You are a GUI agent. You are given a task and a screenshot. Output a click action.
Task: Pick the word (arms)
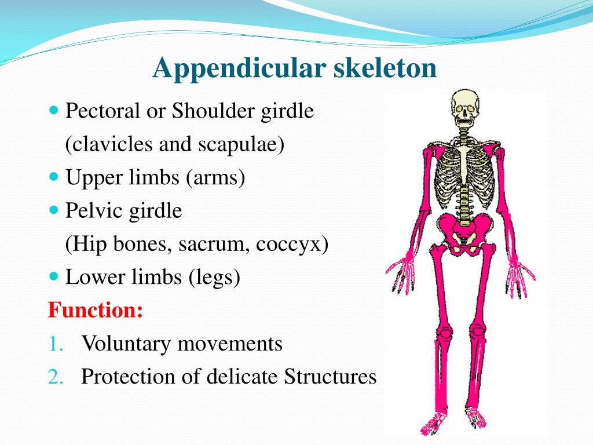[x=215, y=178]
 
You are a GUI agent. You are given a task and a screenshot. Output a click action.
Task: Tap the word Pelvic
[x=91, y=211]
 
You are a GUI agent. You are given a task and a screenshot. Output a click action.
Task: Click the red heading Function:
[x=95, y=310]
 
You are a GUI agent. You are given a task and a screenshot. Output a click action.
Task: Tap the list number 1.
[x=55, y=344]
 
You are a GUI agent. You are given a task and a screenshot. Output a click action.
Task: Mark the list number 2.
[x=56, y=377]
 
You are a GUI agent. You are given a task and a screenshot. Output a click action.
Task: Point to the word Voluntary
[x=127, y=344]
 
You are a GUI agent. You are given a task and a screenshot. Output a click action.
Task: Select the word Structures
[x=331, y=377]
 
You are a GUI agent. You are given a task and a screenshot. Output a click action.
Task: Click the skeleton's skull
[x=462, y=108]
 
